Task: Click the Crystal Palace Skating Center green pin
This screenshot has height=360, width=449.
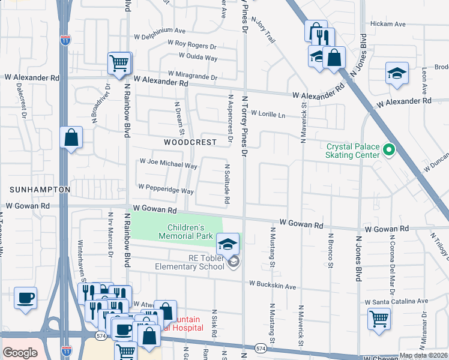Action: [389, 149]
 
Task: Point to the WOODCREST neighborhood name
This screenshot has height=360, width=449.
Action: [190, 142]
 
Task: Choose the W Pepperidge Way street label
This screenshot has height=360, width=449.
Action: [166, 191]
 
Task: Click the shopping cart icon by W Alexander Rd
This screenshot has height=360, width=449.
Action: [119, 63]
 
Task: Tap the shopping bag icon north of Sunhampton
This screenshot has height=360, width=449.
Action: [71, 138]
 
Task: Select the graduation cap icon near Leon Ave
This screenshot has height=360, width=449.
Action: [397, 74]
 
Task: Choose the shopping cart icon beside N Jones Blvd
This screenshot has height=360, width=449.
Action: [379, 319]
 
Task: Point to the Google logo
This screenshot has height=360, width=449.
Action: [20, 353]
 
